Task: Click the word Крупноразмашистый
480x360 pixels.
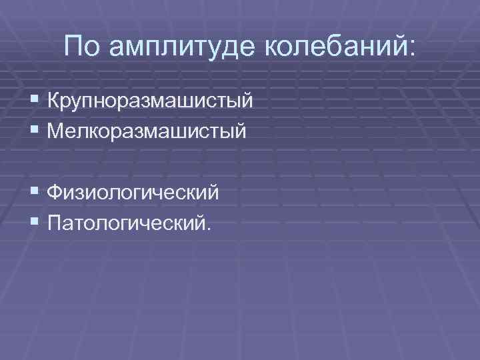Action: pyautogui.click(x=150, y=102)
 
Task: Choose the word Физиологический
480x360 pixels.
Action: pyautogui.click(x=133, y=193)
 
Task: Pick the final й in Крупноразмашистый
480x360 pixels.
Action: pyautogui.click(x=247, y=101)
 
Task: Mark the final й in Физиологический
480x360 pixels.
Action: pyautogui.click(x=213, y=192)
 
